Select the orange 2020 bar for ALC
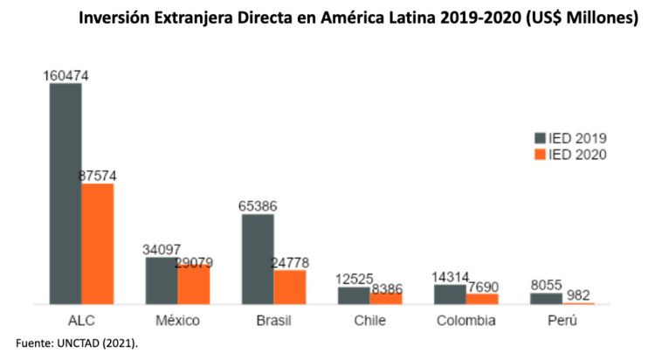(x=98, y=244)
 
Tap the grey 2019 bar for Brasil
(x=258, y=259)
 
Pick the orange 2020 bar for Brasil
(x=290, y=287)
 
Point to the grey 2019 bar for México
(x=162, y=280)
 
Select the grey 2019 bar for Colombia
(x=450, y=294)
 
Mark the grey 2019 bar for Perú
(x=546, y=299)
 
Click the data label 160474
(x=65, y=76)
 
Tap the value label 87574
(x=98, y=176)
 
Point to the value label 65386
(x=258, y=206)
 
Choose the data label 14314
(x=450, y=277)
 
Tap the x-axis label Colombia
(x=465, y=321)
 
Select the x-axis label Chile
(x=369, y=321)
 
